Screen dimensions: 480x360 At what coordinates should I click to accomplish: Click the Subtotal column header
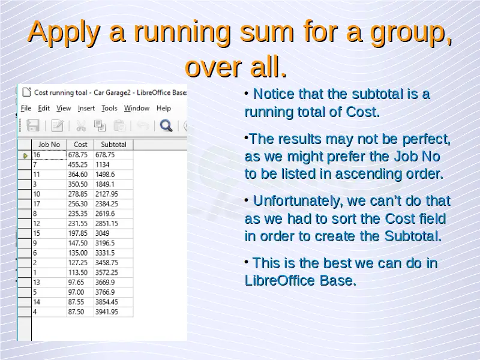click(113, 145)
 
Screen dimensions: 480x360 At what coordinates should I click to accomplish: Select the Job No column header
click(49, 145)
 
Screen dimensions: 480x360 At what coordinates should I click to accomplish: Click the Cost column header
click(80, 145)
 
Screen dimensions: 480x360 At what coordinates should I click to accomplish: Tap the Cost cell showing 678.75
click(78, 155)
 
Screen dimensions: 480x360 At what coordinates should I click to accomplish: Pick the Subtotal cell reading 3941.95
click(107, 311)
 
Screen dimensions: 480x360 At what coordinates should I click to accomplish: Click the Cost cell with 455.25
click(78, 164)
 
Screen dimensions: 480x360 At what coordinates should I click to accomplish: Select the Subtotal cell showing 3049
click(102, 233)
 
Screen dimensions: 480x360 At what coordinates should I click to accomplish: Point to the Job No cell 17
click(37, 204)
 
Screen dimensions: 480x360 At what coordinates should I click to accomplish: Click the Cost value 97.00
click(76, 292)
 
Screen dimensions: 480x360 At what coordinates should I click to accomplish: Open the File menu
click(26, 109)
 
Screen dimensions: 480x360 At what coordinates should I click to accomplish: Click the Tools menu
click(109, 109)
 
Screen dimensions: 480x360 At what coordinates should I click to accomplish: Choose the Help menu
click(164, 109)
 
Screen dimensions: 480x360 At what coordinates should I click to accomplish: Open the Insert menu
click(86, 109)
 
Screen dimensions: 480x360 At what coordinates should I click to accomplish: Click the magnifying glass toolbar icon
click(166, 125)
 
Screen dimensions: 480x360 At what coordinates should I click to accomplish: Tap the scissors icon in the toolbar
click(81, 125)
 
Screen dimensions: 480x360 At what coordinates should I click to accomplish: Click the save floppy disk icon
click(33, 125)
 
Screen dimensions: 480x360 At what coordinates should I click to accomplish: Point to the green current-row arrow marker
click(25, 155)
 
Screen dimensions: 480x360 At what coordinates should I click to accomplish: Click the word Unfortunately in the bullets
click(296, 201)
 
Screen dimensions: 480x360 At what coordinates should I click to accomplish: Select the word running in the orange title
click(182, 32)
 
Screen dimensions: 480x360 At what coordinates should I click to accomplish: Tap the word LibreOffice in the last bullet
click(280, 280)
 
